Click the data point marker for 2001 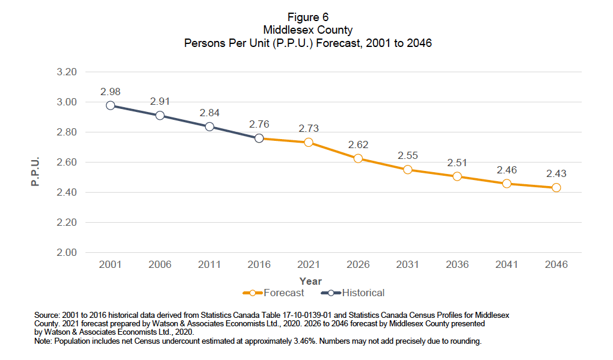[x=110, y=105]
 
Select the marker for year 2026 [x=358, y=158]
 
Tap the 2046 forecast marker [x=556, y=188]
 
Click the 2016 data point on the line [x=259, y=138]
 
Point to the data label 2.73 [x=309, y=128]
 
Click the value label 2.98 [x=110, y=92]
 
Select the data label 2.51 [x=457, y=163]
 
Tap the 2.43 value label [x=556, y=173]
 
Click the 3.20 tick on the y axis [x=67, y=72]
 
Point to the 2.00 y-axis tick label [x=67, y=252]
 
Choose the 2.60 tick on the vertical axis [x=67, y=162]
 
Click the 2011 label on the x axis [x=209, y=265]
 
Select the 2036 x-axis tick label [x=457, y=265]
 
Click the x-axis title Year [x=310, y=281]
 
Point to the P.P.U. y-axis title [x=35, y=171]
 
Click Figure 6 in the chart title [x=308, y=17]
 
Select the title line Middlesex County [x=308, y=30]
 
